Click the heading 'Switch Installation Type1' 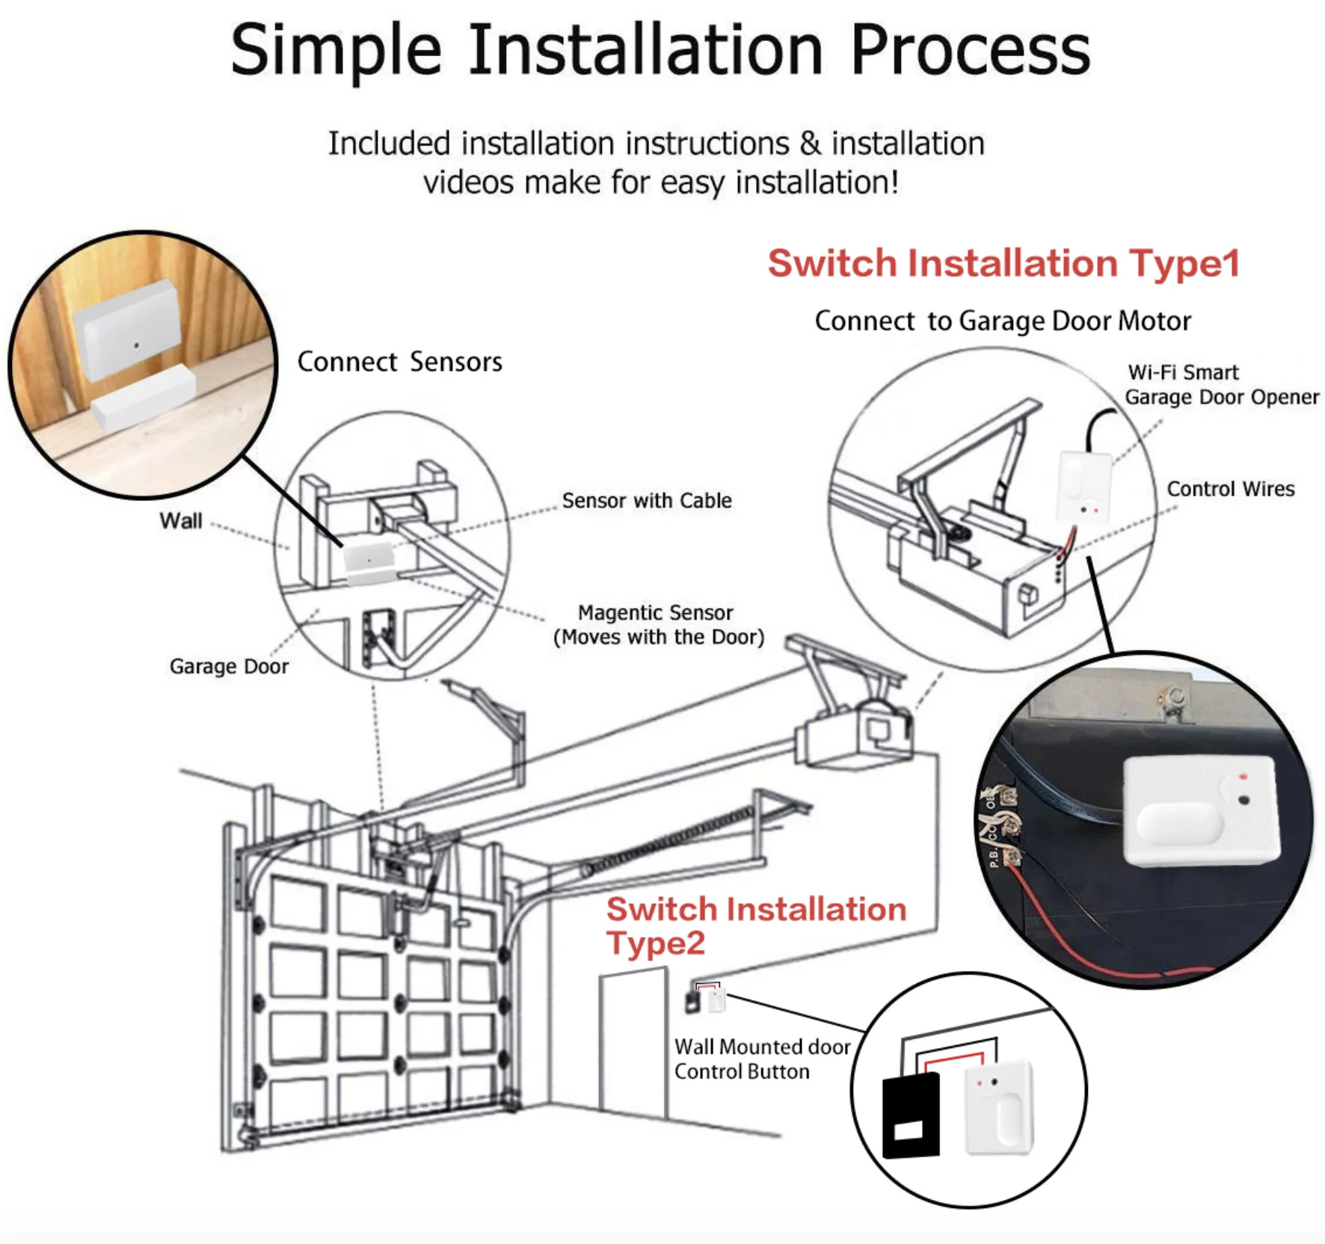tap(1003, 264)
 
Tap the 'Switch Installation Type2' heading tap(755, 925)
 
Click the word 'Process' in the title tap(970, 50)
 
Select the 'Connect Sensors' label tap(399, 362)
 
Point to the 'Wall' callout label tap(180, 520)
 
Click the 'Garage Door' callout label tap(229, 666)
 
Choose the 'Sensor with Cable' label tap(647, 501)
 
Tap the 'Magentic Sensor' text tap(655, 613)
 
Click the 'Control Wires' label tap(1230, 489)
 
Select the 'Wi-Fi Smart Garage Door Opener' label tap(1221, 384)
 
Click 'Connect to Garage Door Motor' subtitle tap(1003, 321)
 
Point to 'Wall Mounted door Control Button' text tap(761, 1059)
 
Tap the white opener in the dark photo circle tap(1201, 812)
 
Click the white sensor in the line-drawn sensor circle tap(369, 563)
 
